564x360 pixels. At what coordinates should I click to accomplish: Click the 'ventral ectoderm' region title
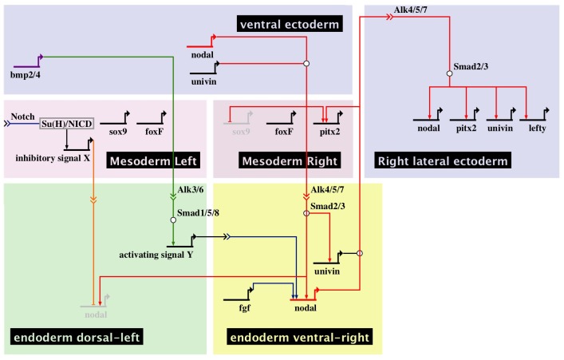(290, 24)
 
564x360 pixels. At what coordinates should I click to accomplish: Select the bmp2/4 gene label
(26, 76)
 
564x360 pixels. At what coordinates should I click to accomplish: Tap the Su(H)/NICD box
(66, 124)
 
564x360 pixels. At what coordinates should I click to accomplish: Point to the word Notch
(22, 117)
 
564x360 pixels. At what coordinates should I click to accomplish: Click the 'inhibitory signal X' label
(53, 158)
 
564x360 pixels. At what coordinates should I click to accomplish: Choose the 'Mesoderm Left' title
(153, 160)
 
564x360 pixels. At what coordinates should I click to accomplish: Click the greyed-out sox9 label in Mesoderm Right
(241, 132)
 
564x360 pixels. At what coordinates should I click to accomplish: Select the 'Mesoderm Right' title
(290, 160)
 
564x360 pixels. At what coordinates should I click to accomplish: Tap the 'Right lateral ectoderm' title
(443, 160)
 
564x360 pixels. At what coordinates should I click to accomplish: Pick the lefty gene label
(538, 129)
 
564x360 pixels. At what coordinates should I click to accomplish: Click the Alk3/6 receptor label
(191, 190)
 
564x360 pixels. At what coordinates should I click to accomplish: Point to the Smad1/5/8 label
(198, 213)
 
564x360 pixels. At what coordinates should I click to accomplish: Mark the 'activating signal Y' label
(156, 255)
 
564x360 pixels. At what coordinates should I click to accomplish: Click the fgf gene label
(245, 308)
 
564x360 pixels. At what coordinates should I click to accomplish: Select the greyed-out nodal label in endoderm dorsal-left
(96, 315)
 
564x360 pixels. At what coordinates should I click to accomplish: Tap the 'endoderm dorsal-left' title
(77, 337)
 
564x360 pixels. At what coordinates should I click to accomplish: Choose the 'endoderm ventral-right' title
(300, 337)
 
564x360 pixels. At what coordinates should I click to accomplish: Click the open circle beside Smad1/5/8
(173, 220)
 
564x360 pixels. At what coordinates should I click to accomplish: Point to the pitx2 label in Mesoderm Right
(329, 132)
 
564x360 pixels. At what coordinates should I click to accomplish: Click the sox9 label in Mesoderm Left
(118, 132)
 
